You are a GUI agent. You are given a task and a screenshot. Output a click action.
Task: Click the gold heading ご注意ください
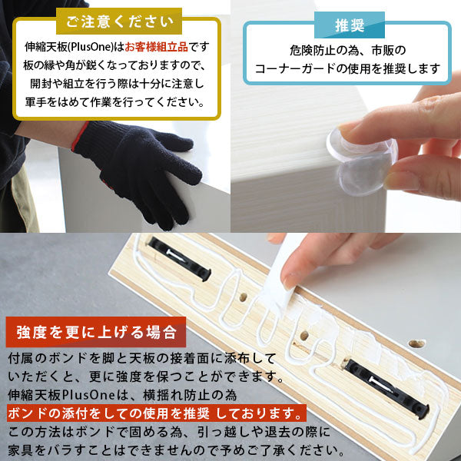(x=119, y=22)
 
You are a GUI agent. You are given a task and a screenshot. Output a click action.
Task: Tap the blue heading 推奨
(x=350, y=25)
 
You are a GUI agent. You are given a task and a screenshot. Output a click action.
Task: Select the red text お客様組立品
(x=156, y=47)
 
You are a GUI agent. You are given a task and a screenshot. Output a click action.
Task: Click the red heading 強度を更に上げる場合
(x=96, y=332)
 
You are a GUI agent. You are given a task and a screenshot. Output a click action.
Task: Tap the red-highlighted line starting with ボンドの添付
(x=156, y=413)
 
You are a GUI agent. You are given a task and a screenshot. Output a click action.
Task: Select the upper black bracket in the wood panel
(x=179, y=258)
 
